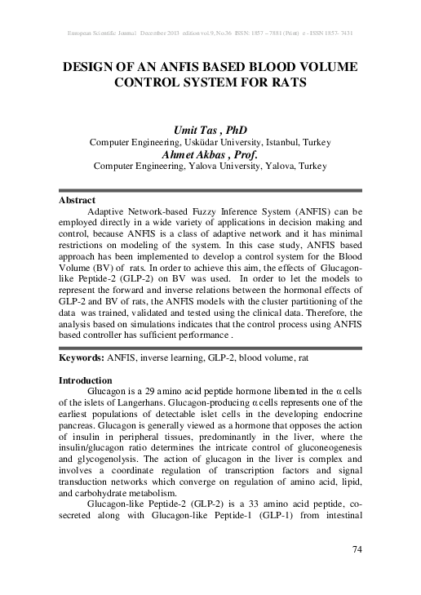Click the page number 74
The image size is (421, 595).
pos(356,548)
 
